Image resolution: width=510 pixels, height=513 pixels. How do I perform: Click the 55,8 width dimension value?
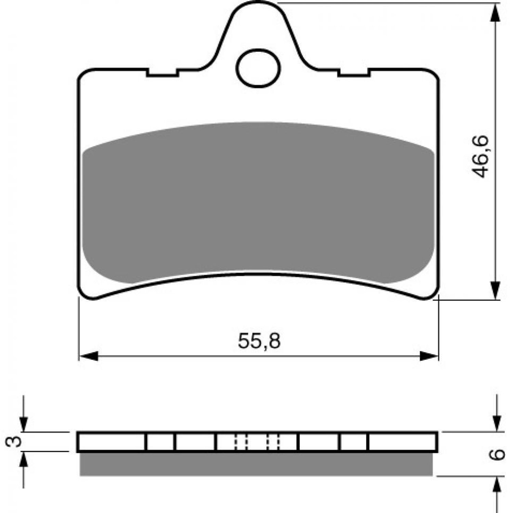(259, 341)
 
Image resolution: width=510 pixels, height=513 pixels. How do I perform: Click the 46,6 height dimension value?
(480, 156)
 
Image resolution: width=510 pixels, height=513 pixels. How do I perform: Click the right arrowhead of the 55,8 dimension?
(429, 356)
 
